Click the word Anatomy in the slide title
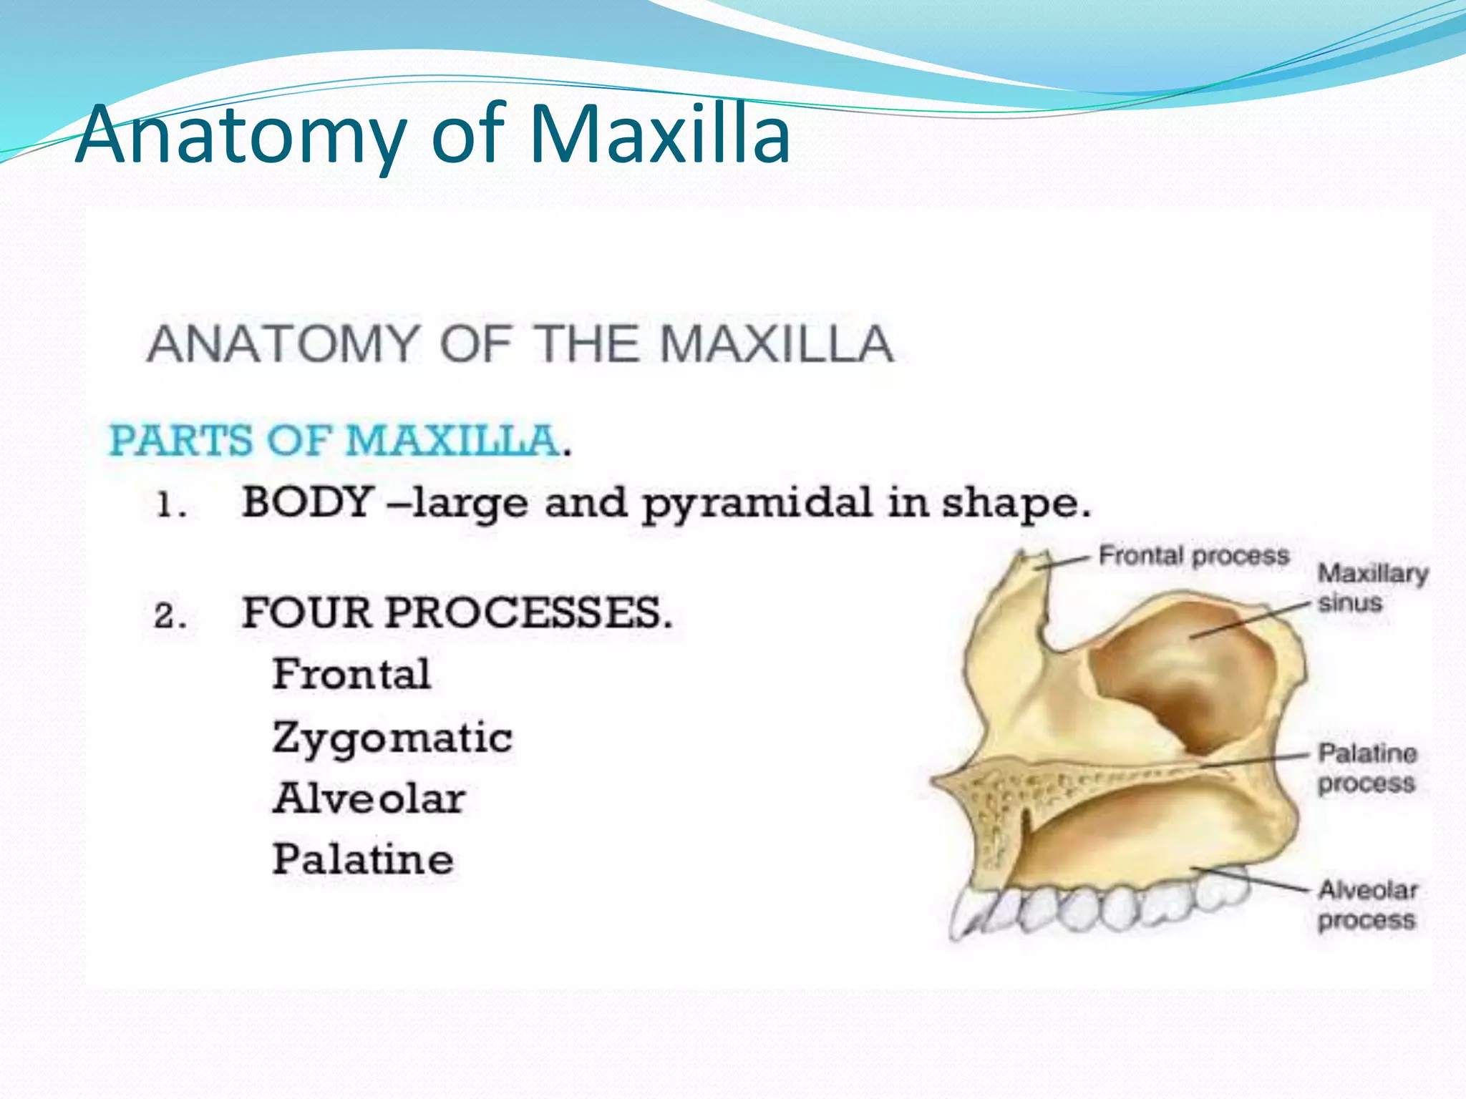tap(240, 136)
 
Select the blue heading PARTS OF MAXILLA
tap(334, 439)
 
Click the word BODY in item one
tap(308, 502)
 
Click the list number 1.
tap(170, 506)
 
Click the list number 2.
tap(170, 616)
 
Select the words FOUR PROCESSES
tap(457, 613)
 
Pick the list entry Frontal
tap(351, 674)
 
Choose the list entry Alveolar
tap(369, 799)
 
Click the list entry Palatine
tap(363, 859)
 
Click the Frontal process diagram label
tap(1193, 556)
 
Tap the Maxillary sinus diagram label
tap(1371, 588)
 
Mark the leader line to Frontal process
tap(1067, 562)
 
